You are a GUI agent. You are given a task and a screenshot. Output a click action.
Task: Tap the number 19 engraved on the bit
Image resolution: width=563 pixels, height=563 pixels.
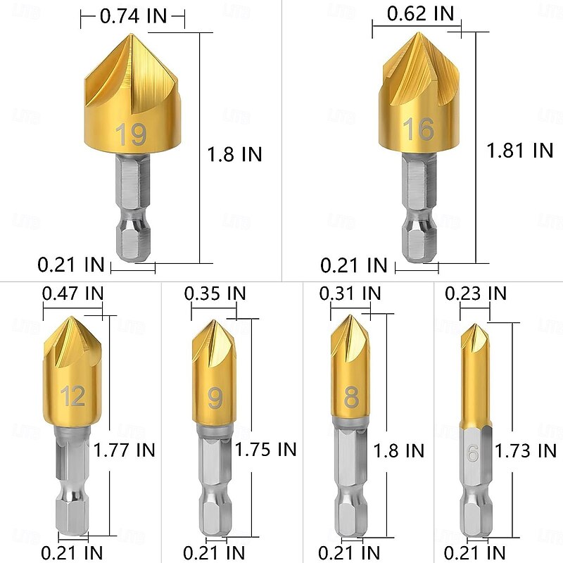[x=132, y=134]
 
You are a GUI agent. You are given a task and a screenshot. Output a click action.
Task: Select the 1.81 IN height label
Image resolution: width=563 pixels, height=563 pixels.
[x=520, y=150]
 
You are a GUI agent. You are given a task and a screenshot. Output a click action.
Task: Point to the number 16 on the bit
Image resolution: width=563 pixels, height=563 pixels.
[x=418, y=129]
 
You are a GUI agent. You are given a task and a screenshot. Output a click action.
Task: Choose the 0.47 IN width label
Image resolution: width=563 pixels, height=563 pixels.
[x=72, y=293]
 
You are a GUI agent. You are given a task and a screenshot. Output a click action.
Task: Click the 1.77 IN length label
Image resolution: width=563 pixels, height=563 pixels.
[x=125, y=449]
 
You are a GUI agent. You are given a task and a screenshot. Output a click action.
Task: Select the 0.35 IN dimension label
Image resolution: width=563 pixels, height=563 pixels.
[x=215, y=293]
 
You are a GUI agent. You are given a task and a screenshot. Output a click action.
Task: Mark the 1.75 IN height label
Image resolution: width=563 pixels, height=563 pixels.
[x=265, y=449]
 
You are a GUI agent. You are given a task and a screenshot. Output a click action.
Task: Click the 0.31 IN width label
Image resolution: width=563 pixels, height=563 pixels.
[x=350, y=293]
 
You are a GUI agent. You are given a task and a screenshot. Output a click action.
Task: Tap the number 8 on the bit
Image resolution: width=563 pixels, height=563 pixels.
[x=350, y=398]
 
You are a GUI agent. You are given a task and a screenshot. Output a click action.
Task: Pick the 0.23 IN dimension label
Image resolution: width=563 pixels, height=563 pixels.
[x=476, y=293]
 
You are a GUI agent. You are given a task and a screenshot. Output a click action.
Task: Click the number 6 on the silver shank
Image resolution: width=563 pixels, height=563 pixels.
[x=472, y=454]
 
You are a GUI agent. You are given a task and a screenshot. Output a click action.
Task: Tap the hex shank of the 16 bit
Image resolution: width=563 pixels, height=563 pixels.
[x=419, y=211]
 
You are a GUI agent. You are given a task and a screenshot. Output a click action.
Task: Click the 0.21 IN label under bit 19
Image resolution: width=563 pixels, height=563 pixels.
[x=70, y=265]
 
